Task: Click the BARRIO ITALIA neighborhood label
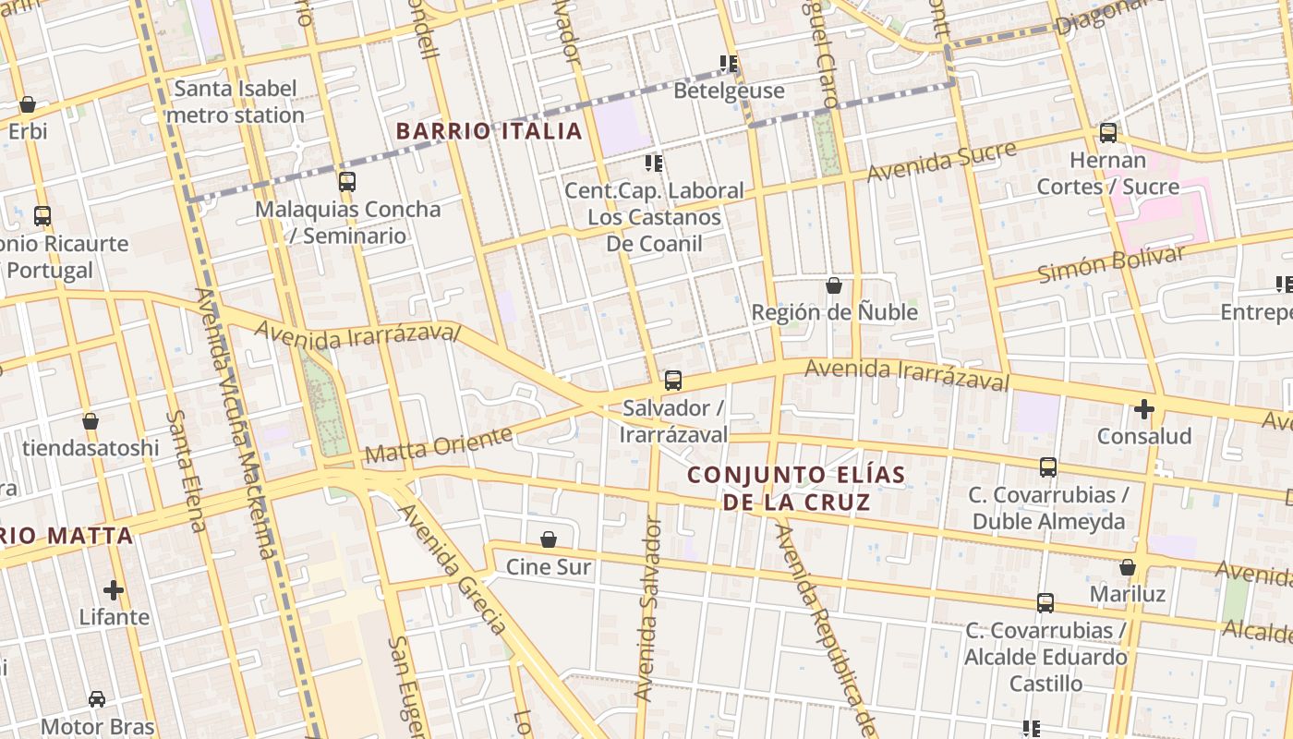pyautogui.click(x=489, y=131)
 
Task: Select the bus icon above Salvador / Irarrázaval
pyautogui.click(x=673, y=380)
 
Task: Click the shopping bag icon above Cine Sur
pyautogui.click(x=549, y=539)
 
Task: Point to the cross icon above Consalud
pyautogui.click(x=1144, y=408)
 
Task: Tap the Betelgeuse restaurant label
pyautogui.click(x=729, y=91)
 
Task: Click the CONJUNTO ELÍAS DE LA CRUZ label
pyautogui.click(x=796, y=489)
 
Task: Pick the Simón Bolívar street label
pyautogui.click(x=1110, y=266)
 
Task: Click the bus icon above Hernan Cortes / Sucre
pyautogui.click(x=1108, y=132)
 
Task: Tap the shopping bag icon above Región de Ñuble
pyautogui.click(x=834, y=285)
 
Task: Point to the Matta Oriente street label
pyautogui.click(x=438, y=445)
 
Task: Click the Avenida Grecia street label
pyautogui.click(x=452, y=568)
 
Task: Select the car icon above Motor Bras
pyautogui.click(x=97, y=699)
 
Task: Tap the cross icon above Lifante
pyautogui.click(x=114, y=589)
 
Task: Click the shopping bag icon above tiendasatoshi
pyautogui.click(x=91, y=421)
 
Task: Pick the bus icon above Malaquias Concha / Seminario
pyautogui.click(x=347, y=181)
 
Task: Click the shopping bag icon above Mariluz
pyautogui.click(x=1128, y=567)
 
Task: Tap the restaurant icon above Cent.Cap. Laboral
pyautogui.click(x=654, y=164)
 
